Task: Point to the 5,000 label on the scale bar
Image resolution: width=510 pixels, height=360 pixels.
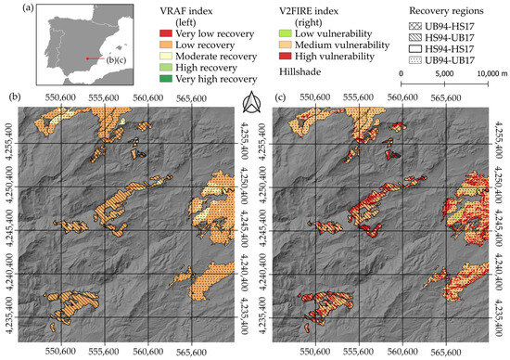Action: pyautogui.click(x=444, y=71)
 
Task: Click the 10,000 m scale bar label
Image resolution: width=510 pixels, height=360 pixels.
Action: pyautogui.click(x=489, y=71)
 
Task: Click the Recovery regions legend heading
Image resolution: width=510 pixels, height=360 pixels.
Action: pyautogui.click(x=440, y=7)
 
